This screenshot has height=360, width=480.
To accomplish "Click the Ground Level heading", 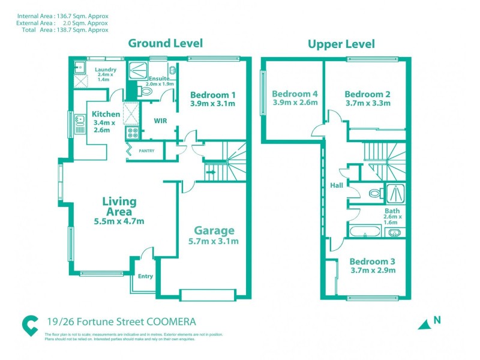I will tap(166, 43).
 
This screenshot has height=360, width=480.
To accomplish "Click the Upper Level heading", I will tap(341, 44).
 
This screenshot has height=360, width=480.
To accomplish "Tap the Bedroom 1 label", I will tap(212, 95).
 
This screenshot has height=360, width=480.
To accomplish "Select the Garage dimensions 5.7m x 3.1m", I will tap(213, 242).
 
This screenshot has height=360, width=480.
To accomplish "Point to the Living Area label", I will tap(119, 206).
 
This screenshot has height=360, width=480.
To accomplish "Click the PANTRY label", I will tap(147, 151).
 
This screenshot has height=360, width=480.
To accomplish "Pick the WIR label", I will tap(161, 120).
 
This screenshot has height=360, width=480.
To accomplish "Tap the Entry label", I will tap(145, 277).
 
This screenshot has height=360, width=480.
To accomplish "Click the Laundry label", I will tap(106, 70).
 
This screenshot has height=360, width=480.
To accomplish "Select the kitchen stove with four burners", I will tap(132, 133).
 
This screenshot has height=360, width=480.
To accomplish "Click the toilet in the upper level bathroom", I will tap(374, 194).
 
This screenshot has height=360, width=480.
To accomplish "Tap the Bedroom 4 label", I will tap(295, 94).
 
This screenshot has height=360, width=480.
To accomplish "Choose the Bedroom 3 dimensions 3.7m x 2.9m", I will tap(373, 271).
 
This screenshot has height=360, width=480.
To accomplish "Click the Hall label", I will tap(336, 185).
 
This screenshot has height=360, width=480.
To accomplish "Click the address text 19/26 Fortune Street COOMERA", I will tap(121, 322).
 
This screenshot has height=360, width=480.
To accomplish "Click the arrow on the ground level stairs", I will tap(210, 173).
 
